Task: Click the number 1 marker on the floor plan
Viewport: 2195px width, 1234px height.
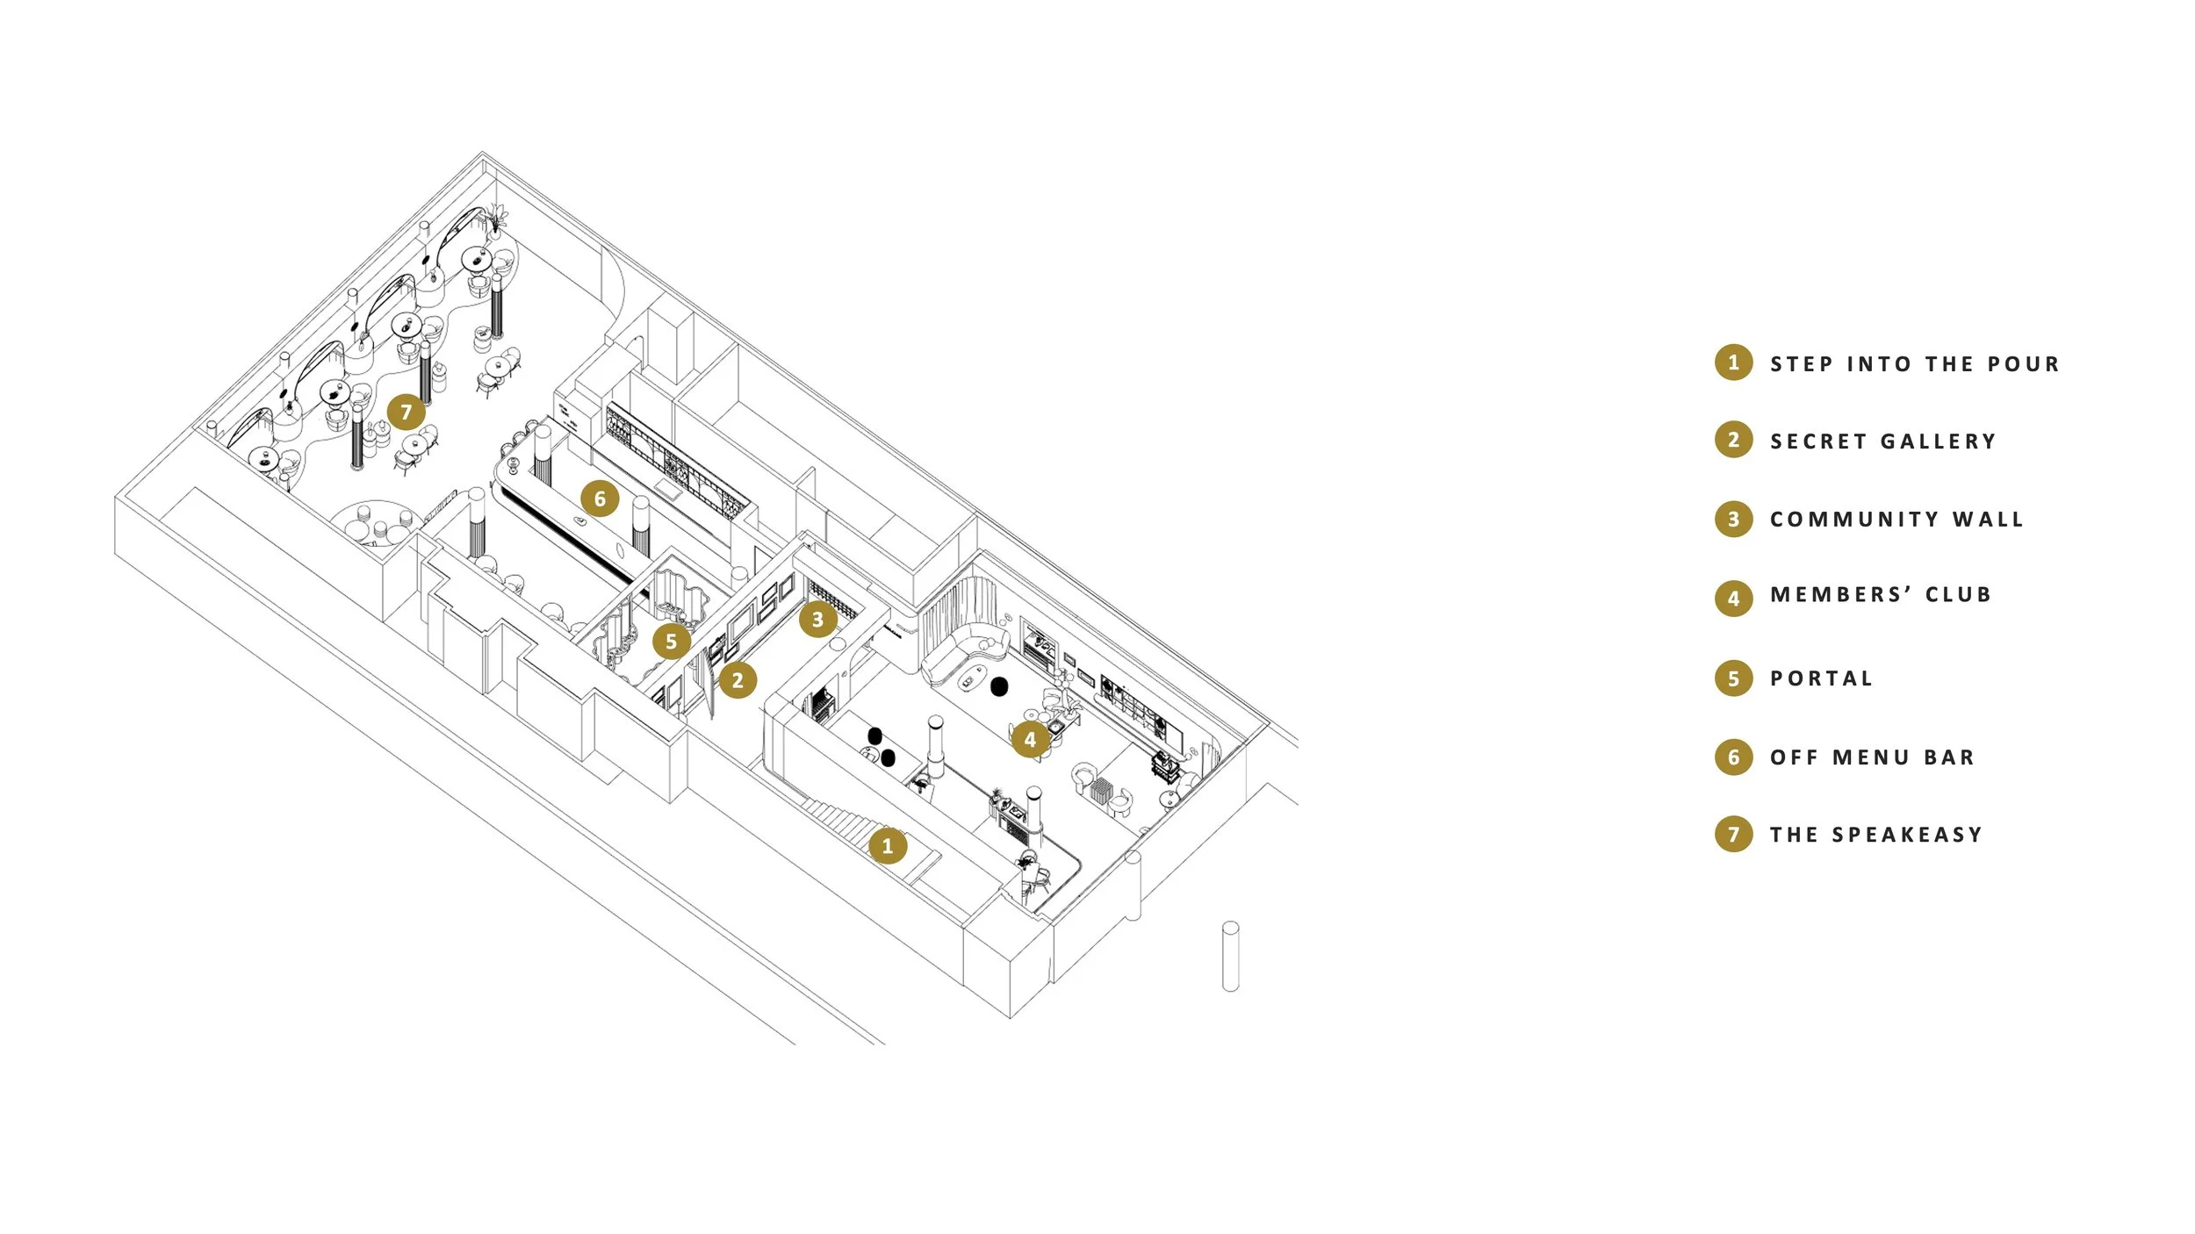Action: [888, 846]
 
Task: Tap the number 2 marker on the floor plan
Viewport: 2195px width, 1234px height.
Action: [738, 680]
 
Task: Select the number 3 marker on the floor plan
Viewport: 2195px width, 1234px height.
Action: [817, 620]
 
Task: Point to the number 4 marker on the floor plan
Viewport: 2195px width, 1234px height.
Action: [1030, 740]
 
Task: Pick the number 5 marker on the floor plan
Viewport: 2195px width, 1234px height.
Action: [672, 642]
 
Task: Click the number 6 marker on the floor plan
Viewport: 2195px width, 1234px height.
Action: [600, 499]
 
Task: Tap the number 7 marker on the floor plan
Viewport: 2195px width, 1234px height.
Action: [406, 412]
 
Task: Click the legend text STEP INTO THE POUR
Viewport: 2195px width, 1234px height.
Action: [1914, 364]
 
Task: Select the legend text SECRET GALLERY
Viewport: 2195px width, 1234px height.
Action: [1882, 441]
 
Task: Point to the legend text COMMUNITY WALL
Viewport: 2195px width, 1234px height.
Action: [1896, 520]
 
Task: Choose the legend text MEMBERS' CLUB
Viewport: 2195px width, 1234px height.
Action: [1881, 595]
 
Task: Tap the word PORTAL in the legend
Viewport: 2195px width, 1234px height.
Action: [1821, 678]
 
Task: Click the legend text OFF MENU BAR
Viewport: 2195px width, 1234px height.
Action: [1872, 757]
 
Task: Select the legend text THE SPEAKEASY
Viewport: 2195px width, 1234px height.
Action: [1876, 835]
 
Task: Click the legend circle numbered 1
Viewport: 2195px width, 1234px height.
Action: [1733, 362]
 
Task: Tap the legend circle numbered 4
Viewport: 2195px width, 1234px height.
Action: [1733, 599]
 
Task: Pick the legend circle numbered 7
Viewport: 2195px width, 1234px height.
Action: [1733, 834]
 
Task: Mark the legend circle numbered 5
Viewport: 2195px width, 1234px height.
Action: [1733, 678]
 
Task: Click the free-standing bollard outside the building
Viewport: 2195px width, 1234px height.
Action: [1230, 957]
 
